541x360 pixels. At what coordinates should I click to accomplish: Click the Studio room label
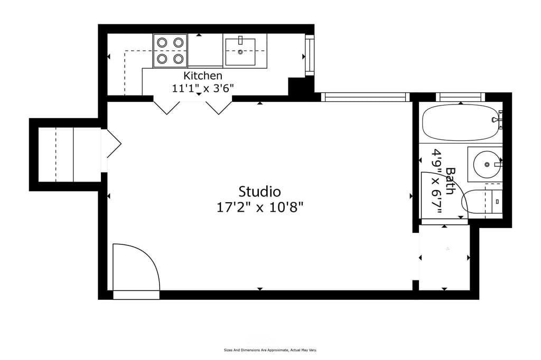point(259,191)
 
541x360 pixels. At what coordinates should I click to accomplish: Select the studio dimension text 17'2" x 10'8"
point(259,207)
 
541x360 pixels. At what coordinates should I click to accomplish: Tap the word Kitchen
point(202,75)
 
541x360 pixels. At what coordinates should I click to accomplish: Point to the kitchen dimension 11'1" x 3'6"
point(202,88)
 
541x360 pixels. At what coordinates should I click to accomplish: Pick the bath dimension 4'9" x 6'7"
point(437,181)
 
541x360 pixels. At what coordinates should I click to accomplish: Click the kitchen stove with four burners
point(170,51)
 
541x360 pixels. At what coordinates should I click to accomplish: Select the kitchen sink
point(240,51)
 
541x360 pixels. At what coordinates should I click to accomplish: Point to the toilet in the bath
point(478,201)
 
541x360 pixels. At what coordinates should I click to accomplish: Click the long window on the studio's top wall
point(365,97)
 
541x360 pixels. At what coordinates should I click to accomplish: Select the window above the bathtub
point(461,97)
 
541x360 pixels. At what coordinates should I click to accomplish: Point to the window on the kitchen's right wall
point(309,55)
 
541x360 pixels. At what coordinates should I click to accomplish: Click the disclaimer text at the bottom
point(270,350)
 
